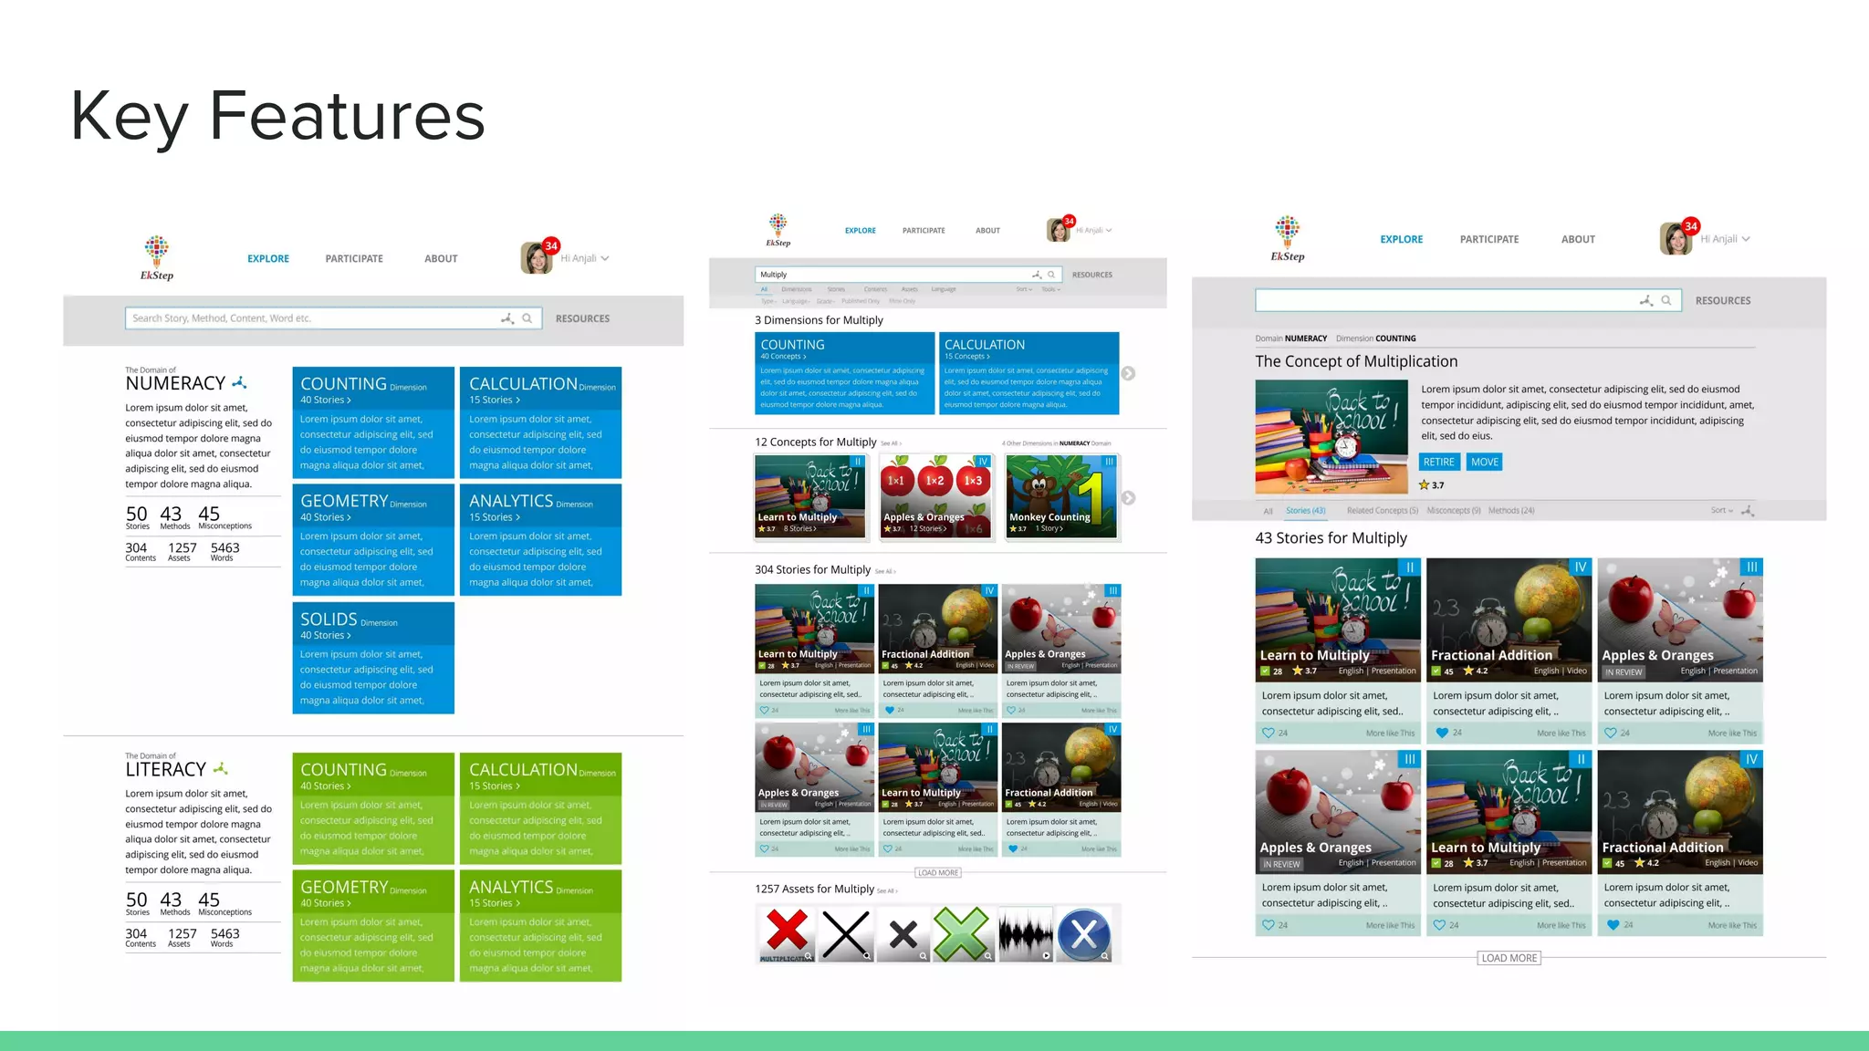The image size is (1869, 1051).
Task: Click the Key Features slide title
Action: (277, 116)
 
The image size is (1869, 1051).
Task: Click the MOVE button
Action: (1484, 462)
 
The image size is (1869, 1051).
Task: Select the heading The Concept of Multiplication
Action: (1356, 361)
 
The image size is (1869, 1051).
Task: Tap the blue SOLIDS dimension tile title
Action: (329, 619)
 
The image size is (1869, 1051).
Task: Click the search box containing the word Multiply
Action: (894, 275)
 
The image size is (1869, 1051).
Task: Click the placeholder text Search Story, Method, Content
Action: (222, 318)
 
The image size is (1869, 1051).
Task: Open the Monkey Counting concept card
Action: (1061, 497)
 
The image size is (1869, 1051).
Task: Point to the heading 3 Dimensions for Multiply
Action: (819, 320)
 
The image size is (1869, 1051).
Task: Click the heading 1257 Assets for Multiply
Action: (814, 889)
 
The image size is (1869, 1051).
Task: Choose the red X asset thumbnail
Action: (786, 934)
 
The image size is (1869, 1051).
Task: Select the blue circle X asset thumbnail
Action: (1083, 934)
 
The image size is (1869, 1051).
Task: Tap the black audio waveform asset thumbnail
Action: (1025, 934)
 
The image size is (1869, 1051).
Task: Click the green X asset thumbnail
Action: (961, 934)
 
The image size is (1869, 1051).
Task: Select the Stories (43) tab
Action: (1305, 511)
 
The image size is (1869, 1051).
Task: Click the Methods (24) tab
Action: (1511, 511)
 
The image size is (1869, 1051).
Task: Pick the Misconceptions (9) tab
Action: (1454, 511)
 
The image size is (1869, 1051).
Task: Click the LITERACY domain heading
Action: (166, 770)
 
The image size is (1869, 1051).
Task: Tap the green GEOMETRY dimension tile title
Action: (344, 888)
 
